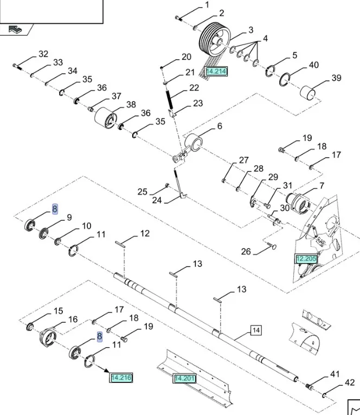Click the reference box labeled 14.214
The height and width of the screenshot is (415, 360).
(216, 71)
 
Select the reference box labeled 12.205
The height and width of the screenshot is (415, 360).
(306, 259)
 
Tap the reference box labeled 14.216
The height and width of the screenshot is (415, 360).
(121, 377)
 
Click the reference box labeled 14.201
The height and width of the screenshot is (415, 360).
(184, 378)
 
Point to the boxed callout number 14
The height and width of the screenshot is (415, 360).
(256, 330)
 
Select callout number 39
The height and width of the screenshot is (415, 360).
(336, 78)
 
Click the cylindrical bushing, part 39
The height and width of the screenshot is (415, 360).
(309, 93)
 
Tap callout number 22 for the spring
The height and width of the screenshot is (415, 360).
(194, 88)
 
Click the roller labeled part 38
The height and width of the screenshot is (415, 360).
(106, 119)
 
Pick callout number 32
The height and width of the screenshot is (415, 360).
(43, 54)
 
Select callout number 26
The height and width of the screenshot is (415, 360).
(246, 251)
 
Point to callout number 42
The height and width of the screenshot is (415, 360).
(350, 383)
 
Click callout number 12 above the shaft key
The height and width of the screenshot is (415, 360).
(145, 233)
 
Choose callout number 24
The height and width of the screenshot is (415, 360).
(157, 200)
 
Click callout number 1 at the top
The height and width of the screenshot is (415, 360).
(207, 5)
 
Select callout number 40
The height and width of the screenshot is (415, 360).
(313, 65)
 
